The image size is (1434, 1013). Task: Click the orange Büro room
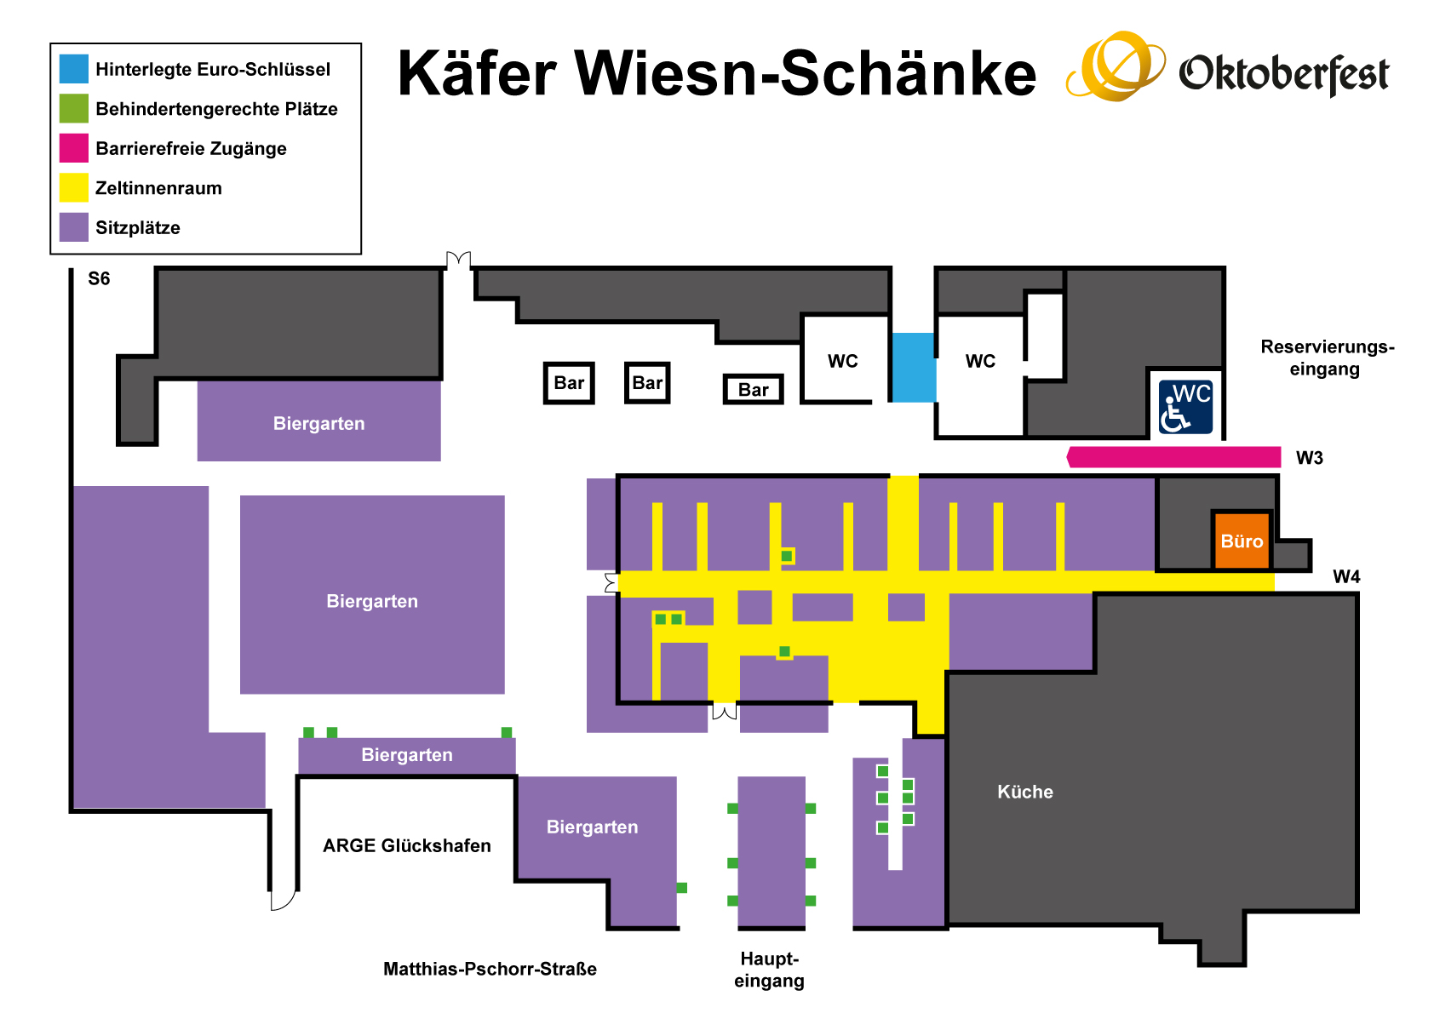pyautogui.click(x=1242, y=541)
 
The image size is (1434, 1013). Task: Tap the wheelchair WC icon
pyautogui.click(x=1185, y=407)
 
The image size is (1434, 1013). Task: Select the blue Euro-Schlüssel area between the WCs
pyautogui.click(x=913, y=367)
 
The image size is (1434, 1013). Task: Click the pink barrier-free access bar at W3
pyautogui.click(x=1174, y=457)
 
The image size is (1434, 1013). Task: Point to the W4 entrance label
pyautogui.click(x=1345, y=577)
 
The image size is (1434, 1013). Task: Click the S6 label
pyautogui.click(x=99, y=278)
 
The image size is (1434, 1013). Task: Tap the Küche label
pyautogui.click(x=1024, y=792)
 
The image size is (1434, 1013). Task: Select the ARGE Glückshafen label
pyautogui.click(x=406, y=845)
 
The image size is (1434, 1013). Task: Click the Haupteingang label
pyautogui.click(x=769, y=970)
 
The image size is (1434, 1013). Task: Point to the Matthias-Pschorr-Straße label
pyautogui.click(x=490, y=969)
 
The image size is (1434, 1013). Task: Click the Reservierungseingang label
pyautogui.click(x=1327, y=358)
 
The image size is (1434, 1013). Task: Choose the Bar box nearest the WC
pyautogui.click(x=753, y=390)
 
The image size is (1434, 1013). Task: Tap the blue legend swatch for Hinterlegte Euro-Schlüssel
pyautogui.click(x=74, y=69)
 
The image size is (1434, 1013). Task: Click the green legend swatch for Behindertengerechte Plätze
pyautogui.click(x=74, y=108)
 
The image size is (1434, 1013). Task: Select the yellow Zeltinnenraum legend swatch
pyautogui.click(x=74, y=187)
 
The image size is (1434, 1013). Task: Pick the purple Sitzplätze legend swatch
pyautogui.click(x=74, y=227)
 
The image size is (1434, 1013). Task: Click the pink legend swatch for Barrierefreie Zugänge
pyautogui.click(x=74, y=148)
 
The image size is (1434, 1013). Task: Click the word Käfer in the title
pyautogui.click(x=477, y=73)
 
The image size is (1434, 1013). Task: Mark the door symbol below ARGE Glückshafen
pyautogui.click(x=283, y=899)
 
